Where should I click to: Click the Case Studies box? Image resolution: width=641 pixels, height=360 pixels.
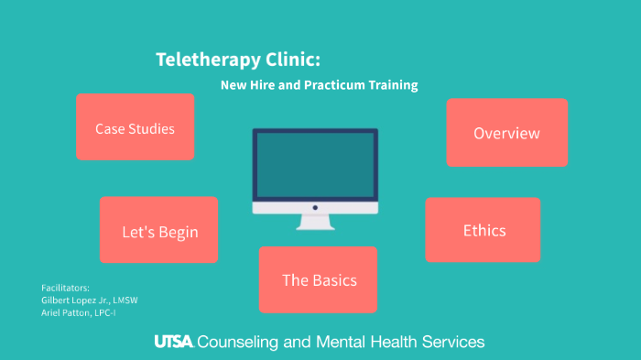[135, 127]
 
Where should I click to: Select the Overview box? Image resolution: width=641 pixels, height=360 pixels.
[506, 133]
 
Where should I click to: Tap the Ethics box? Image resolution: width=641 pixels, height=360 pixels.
[483, 230]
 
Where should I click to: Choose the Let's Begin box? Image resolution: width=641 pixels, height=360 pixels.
[159, 231]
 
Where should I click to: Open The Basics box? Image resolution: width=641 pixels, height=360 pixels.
[318, 279]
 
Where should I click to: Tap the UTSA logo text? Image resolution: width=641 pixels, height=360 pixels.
[173, 342]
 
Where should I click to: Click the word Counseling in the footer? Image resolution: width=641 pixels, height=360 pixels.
[243, 342]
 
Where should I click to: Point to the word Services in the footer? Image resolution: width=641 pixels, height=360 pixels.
[450, 342]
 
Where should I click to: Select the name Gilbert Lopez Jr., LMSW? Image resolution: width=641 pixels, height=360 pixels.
[90, 300]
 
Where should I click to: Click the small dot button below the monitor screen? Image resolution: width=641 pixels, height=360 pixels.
[315, 208]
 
